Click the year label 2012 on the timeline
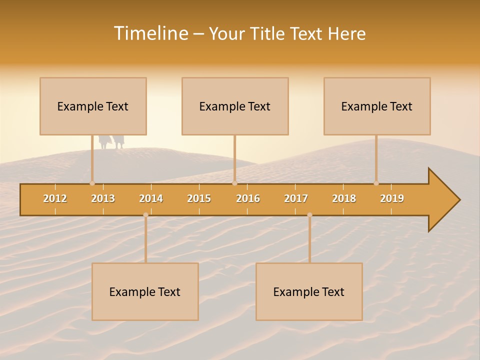coord(55,198)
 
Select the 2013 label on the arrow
coord(103,198)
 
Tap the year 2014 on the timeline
coord(151,198)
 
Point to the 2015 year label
coord(199,198)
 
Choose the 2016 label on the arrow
coord(248,198)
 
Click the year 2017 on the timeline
coord(296,198)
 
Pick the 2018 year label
coord(344,198)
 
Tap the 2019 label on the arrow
coord(392,198)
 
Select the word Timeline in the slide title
coord(150,33)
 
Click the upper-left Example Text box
coord(93,106)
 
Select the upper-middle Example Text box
coord(235,106)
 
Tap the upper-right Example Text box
coord(377,106)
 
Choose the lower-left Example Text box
coord(145,291)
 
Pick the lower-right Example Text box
coord(309,291)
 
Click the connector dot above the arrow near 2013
coord(92,183)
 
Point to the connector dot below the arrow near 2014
coord(145,215)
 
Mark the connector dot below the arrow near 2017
coord(309,215)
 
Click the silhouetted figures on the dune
coord(111,142)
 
